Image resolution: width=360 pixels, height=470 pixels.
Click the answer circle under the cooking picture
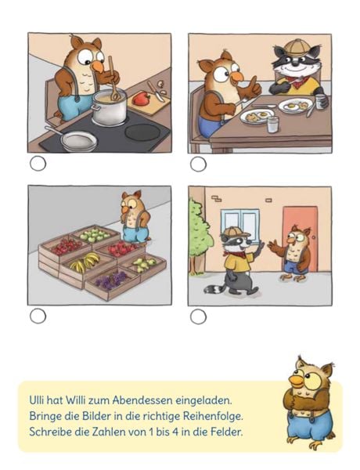(x=38, y=164)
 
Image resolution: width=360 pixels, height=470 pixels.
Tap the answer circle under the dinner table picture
(x=198, y=164)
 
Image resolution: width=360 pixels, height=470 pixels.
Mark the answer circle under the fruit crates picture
(x=38, y=316)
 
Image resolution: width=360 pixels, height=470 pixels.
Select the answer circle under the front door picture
(x=198, y=316)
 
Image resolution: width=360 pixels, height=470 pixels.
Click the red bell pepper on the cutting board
(x=142, y=99)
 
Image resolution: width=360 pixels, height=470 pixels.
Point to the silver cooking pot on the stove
(x=109, y=107)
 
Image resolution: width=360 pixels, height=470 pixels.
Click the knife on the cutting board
(x=156, y=92)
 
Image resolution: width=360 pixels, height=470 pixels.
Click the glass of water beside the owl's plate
(x=273, y=125)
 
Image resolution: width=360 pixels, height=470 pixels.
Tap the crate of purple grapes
(x=112, y=282)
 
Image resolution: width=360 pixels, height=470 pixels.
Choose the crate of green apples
(x=94, y=235)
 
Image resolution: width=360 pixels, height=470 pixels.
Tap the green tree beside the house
(x=199, y=236)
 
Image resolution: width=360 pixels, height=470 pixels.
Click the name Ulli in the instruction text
(x=37, y=400)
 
